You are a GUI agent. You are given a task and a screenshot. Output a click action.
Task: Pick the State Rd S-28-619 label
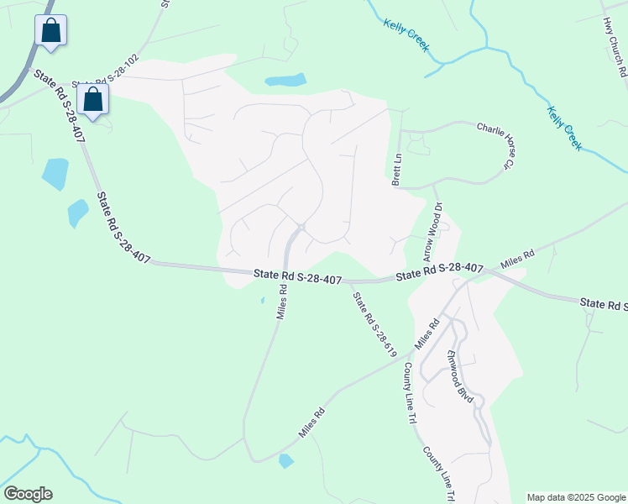point(374,324)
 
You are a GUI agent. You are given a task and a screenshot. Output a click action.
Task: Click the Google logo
point(28,494)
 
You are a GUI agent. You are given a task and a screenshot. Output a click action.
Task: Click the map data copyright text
point(575,497)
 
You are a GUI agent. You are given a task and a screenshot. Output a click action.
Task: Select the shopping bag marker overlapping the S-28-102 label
point(92,100)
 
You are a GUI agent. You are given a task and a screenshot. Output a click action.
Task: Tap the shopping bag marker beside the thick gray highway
point(50,31)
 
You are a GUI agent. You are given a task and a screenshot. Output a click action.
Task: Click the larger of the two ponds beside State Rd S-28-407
point(55,174)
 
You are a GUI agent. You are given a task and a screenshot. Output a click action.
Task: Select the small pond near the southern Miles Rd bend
point(286,460)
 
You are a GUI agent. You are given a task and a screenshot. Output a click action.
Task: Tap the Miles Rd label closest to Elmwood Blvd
point(427,333)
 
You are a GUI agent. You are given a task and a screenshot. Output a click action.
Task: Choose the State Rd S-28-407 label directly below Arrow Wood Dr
point(439,271)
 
